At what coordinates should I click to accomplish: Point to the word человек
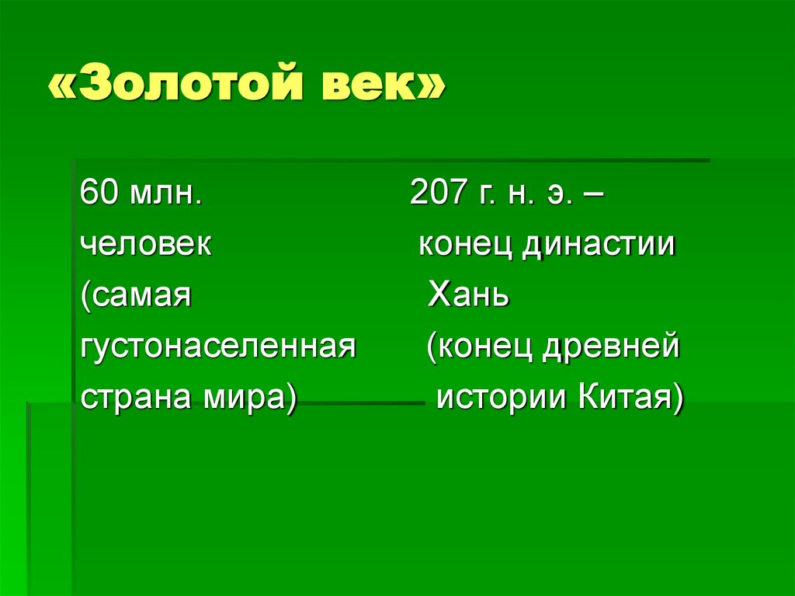click(145, 246)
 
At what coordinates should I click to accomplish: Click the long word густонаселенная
click(217, 347)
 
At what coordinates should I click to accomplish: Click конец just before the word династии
click(466, 246)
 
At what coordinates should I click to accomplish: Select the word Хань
click(468, 297)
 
